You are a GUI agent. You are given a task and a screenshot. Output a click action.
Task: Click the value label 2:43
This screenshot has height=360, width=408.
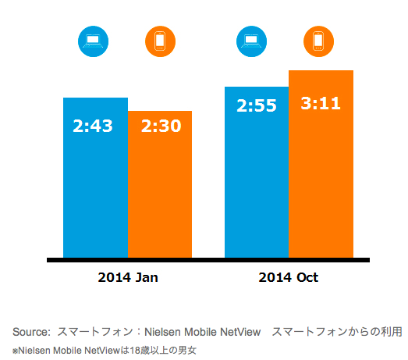coord(93,125)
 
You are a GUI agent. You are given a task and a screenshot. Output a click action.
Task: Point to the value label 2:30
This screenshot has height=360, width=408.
coord(161,125)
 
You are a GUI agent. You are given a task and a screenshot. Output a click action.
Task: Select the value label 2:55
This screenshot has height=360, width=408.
coord(257,105)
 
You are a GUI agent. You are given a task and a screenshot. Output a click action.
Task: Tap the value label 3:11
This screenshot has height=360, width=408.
coord(321,103)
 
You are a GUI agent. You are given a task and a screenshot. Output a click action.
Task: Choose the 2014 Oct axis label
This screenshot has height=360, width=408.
coord(289,277)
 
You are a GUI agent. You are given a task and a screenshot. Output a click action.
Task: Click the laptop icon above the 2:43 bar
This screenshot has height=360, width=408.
coord(94,41)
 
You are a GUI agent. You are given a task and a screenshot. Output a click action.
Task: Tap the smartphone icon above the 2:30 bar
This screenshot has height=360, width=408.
coord(161,41)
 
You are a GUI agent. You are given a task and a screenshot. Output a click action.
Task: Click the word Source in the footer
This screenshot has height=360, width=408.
coord(30,332)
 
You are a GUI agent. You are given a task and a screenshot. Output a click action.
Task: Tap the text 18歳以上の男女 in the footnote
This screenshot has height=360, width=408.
coord(165,350)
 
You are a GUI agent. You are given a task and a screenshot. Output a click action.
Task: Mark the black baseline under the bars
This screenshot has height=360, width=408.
coord(208,260)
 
